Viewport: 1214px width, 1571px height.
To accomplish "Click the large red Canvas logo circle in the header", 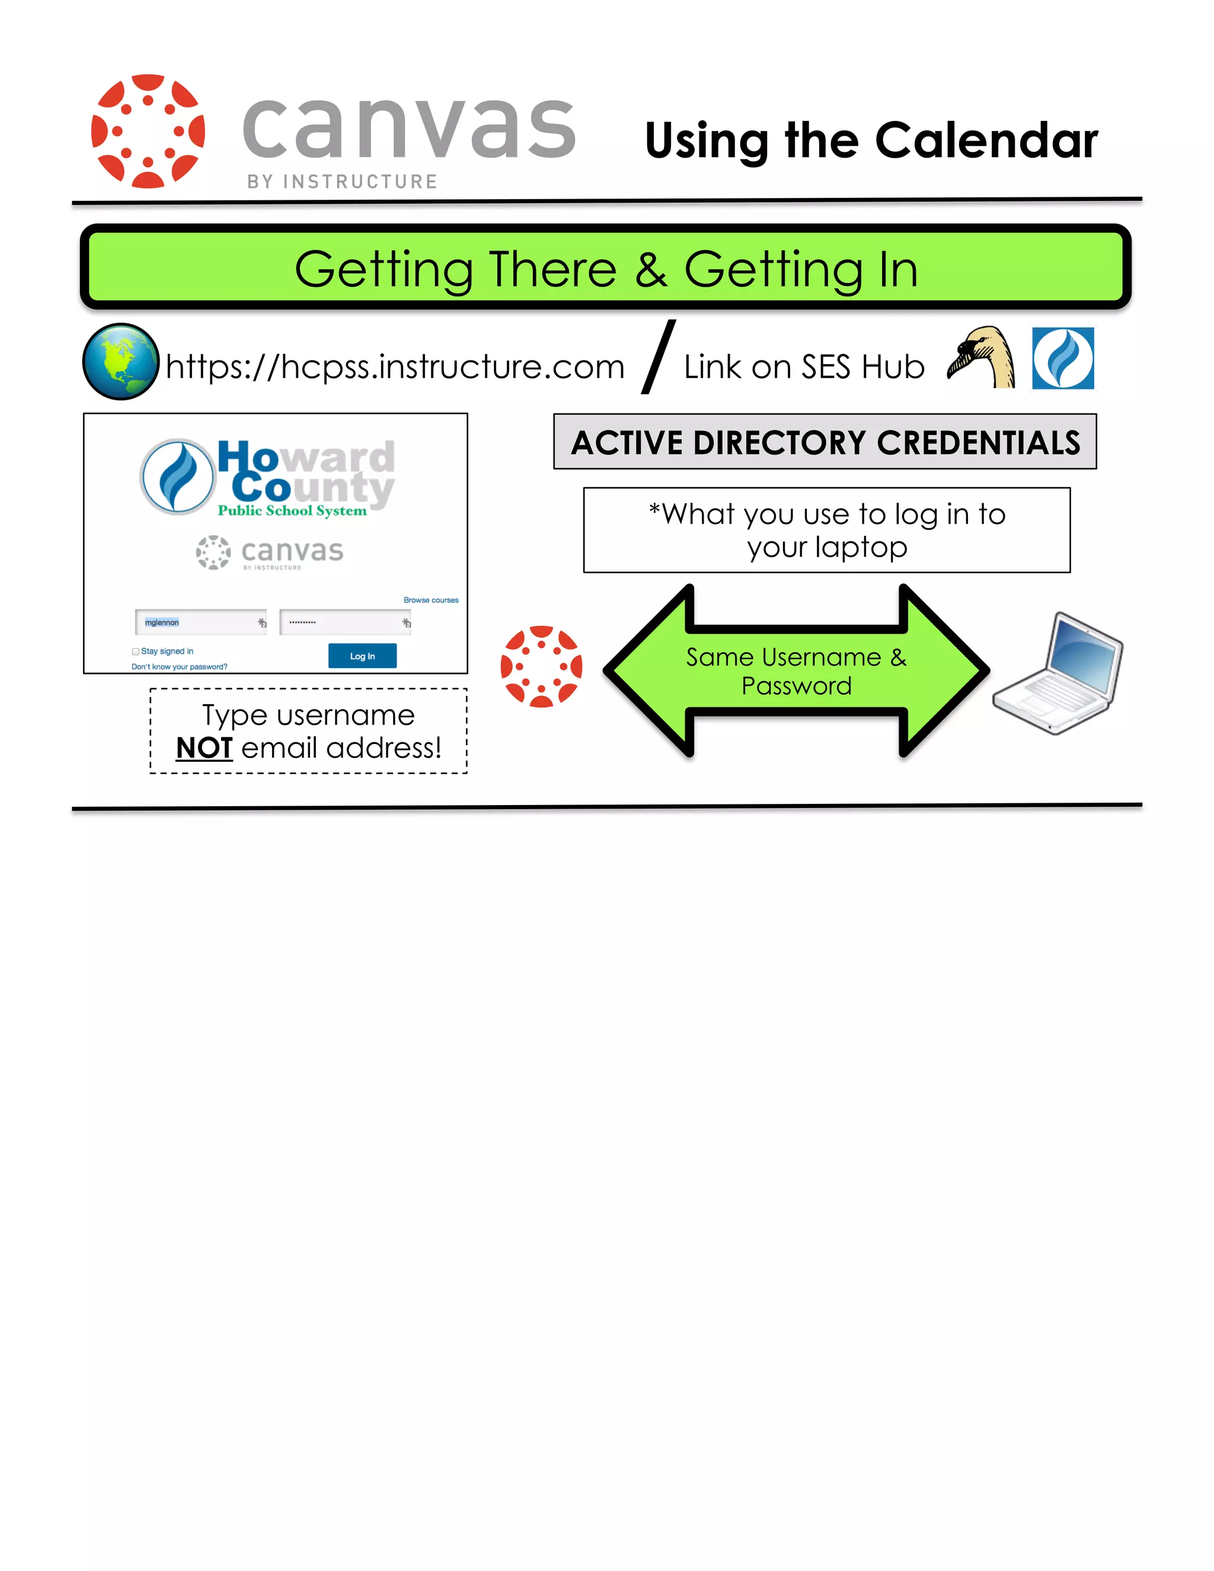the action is (148, 131).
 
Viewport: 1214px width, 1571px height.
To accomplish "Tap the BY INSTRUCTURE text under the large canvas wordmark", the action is (343, 182).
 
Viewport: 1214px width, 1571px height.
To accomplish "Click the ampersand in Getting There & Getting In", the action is (651, 270).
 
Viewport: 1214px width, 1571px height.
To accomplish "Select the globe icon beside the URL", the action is (121, 361).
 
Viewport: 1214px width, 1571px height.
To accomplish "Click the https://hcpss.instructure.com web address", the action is (395, 367).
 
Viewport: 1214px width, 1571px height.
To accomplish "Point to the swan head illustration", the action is (982, 357).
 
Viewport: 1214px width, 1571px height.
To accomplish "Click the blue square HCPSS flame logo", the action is (1063, 358).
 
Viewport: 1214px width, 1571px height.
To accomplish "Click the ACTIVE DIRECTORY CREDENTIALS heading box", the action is (825, 442).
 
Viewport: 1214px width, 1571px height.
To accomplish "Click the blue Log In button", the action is (362, 656).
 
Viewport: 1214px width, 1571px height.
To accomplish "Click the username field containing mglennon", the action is (200, 622).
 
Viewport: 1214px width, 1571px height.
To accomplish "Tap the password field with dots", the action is (344, 622).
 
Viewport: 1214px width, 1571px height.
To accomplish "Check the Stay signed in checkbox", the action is (135, 652).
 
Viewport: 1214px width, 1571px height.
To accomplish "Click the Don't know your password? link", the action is (179, 667).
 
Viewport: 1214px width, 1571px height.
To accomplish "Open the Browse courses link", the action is (431, 600).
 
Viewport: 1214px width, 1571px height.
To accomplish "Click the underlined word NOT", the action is (205, 748).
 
